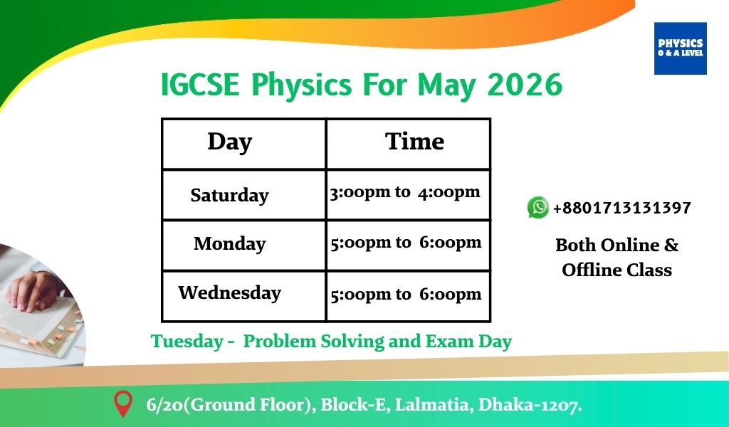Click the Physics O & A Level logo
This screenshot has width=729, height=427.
pyautogui.click(x=680, y=48)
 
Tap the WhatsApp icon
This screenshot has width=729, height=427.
pyautogui.click(x=538, y=207)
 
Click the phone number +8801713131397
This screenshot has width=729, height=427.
pyautogui.click(x=622, y=208)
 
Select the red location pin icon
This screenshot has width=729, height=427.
pyautogui.click(x=123, y=404)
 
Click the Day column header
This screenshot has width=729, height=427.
pyautogui.click(x=230, y=142)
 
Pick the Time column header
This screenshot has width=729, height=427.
pyautogui.click(x=414, y=141)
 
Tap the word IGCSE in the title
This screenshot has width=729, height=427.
pyautogui.click(x=199, y=85)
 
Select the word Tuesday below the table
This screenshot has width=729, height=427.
pyautogui.click(x=187, y=342)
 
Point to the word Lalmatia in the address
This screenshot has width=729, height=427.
pyautogui.click(x=434, y=405)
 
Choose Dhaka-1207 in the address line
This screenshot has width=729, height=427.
pyautogui.click(x=530, y=405)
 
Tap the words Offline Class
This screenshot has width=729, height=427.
pyautogui.click(x=617, y=270)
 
